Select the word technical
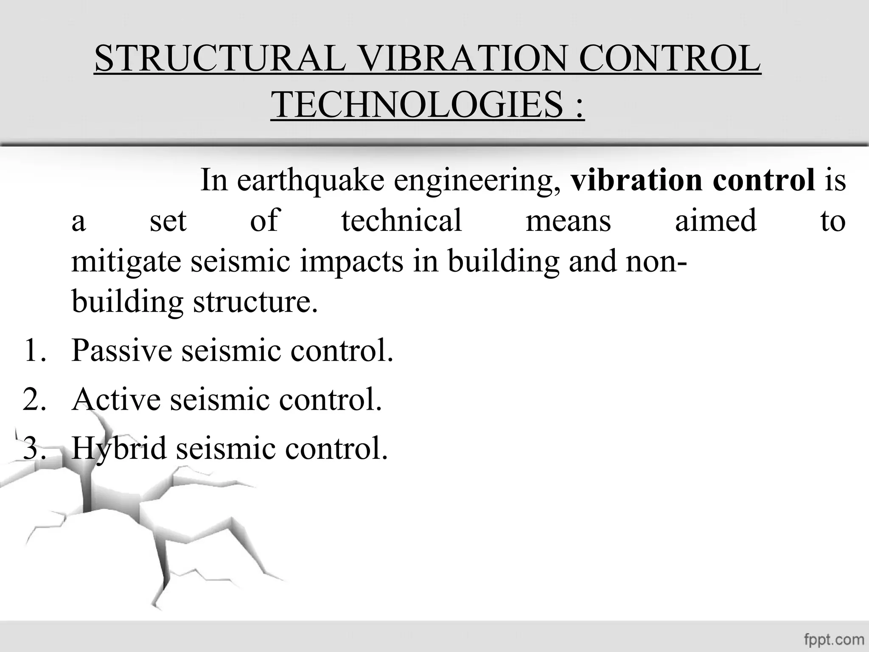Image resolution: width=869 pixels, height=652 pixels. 401,221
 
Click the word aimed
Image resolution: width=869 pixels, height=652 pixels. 715,221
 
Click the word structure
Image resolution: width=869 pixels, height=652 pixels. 255,302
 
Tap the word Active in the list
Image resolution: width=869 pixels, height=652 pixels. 116,399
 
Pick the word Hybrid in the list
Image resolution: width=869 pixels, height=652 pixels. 119,449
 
